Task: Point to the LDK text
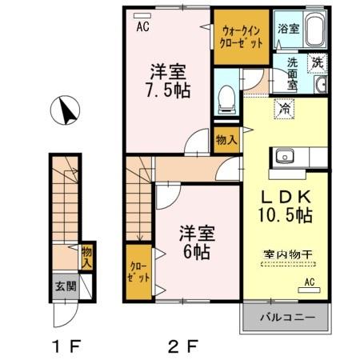pos(284,197)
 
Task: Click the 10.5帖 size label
pos(286,214)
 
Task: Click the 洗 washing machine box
pos(317,61)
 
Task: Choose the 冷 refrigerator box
pos(284,109)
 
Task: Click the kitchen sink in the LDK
pos(285,156)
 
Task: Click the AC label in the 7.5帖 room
pos(142,26)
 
